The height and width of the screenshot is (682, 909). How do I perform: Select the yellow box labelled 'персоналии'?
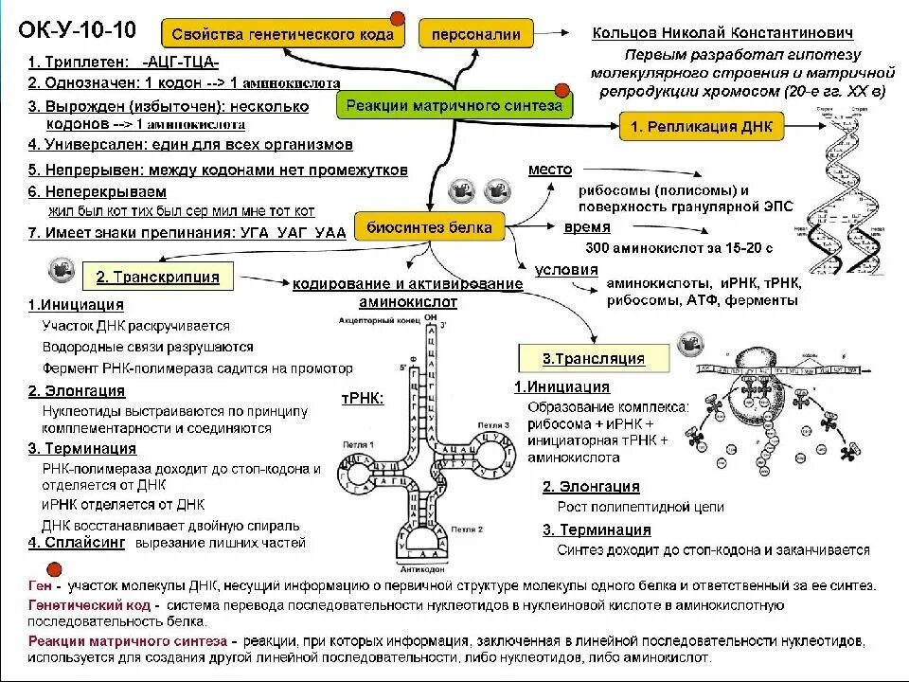pos(475,35)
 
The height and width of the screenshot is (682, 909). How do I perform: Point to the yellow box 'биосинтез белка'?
pos(429,227)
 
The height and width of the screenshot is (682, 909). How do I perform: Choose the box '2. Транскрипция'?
pos(157,277)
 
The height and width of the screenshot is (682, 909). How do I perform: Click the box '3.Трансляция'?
pos(594,359)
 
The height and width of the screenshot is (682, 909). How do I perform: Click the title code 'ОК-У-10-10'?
pos(78,30)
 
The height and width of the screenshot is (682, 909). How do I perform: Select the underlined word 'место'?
pos(550,170)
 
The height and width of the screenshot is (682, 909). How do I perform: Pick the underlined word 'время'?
pos(587,227)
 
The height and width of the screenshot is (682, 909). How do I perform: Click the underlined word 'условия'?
pos(566,270)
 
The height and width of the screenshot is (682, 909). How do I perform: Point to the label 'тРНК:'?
pos(362,399)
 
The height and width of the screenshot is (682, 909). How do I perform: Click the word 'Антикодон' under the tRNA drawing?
pos(418,572)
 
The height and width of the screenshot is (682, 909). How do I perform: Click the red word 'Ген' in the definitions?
pos(40,585)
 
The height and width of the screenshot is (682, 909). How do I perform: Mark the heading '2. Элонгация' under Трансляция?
pos(591,487)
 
